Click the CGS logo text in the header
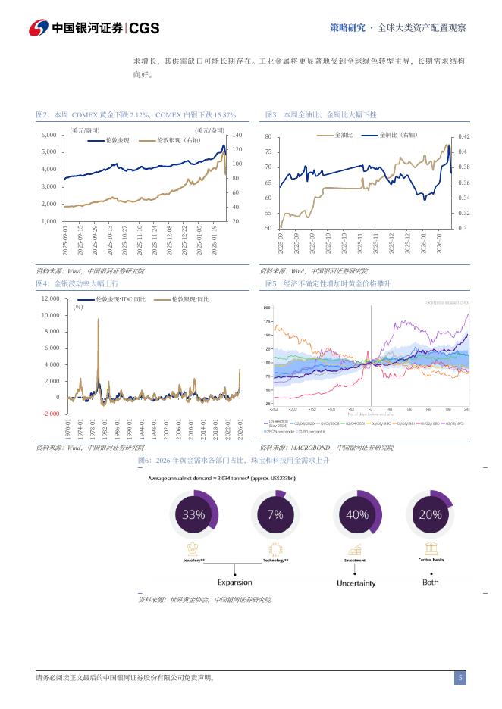click(144, 28)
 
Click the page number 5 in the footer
click(460, 678)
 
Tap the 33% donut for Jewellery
click(193, 514)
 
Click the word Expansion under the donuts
click(235, 583)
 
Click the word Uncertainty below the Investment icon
click(356, 583)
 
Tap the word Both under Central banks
click(430, 582)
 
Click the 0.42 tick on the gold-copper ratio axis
click(464, 137)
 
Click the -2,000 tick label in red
click(49, 414)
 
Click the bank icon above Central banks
click(430, 547)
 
